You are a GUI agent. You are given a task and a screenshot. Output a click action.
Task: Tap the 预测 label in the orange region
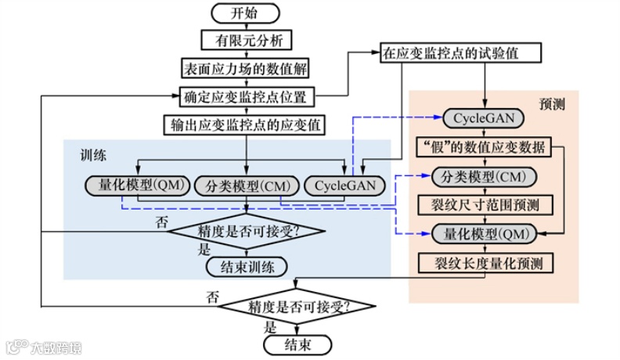pyautogui.click(x=552, y=103)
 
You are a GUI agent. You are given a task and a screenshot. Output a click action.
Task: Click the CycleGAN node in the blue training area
pyautogui.click(x=344, y=185)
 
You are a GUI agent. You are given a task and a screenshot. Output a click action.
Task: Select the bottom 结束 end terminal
pyautogui.click(x=296, y=344)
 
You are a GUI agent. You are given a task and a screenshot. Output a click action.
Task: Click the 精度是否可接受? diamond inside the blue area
pyautogui.click(x=247, y=231)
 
